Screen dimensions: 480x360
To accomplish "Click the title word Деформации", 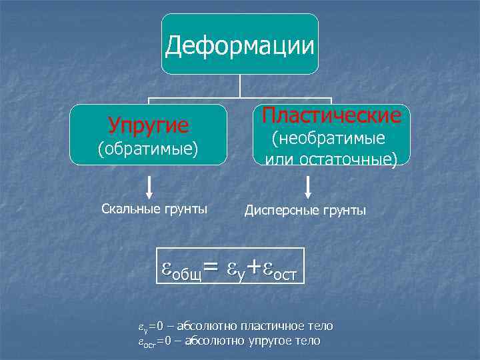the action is [240, 45].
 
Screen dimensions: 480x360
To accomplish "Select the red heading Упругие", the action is [149, 125].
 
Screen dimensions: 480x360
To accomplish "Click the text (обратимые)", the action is [148, 147].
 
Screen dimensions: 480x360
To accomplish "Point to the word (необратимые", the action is [327, 139].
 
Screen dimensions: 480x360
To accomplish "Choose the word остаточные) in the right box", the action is [356, 160].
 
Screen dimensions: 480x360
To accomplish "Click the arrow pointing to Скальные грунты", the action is [149, 187].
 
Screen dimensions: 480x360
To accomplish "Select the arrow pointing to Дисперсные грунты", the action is [307, 187].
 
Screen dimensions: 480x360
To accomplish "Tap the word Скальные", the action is [127, 209].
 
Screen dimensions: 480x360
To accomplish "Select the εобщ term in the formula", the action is [182, 269].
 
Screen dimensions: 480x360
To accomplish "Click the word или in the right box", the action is [279, 160].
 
